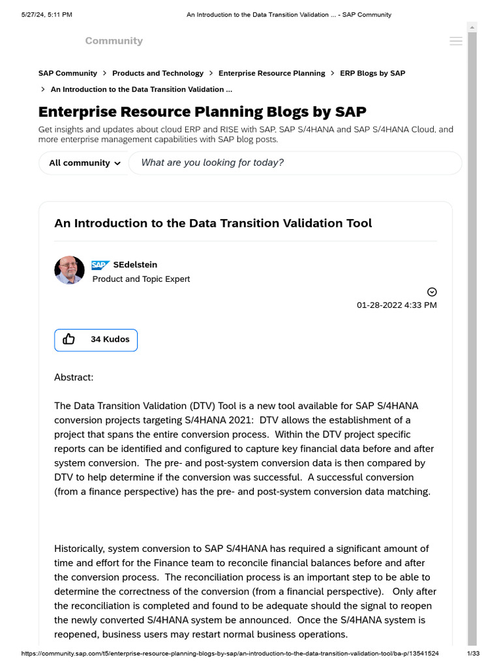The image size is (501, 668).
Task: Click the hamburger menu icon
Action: coord(456,41)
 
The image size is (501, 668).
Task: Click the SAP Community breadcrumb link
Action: coord(68,73)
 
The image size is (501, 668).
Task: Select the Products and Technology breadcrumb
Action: coord(158,73)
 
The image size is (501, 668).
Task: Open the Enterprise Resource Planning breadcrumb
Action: coord(271,73)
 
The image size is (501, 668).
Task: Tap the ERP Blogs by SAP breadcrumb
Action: coord(372,73)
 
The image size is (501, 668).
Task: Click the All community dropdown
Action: coord(85,163)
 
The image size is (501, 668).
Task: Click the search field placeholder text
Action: coord(212,162)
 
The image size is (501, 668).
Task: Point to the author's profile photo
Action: coord(69,270)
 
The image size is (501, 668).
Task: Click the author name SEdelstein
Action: coord(135,265)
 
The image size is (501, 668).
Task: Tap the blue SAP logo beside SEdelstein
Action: coord(100,265)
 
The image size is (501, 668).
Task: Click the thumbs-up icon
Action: coord(69,339)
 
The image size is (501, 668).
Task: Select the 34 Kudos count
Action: coord(110,339)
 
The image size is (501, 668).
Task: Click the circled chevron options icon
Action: coord(432,292)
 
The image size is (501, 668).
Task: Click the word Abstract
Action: coord(74,377)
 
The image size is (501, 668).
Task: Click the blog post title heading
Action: coord(213,223)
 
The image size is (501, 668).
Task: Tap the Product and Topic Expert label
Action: coord(141,279)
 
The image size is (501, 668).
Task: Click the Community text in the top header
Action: coord(114,41)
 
